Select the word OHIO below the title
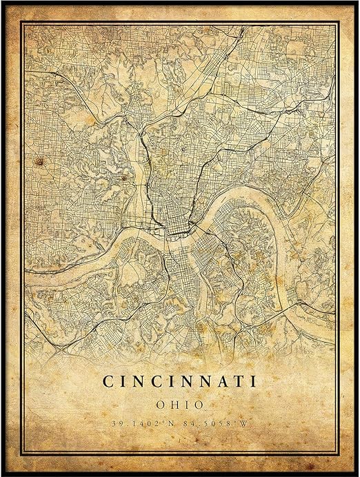click(x=179, y=403)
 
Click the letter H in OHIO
click(x=174, y=403)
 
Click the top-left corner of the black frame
click(x=2, y=2)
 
